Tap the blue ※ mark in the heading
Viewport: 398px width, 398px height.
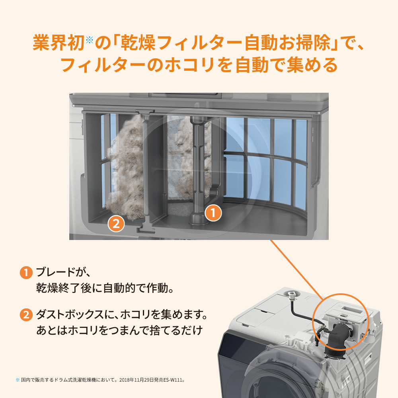pyautogui.click(x=89, y=40)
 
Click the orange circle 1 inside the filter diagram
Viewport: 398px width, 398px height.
pyautogui.click(x=213, y=213)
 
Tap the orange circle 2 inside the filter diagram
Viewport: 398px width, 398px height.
pyautogui.click(x=116, y=224)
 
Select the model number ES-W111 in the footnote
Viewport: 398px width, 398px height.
pyautogui.click(x=172, y=380)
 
